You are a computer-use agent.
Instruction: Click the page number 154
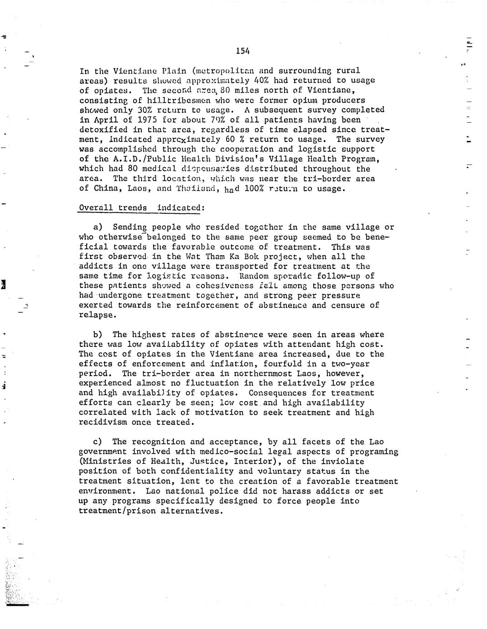pyautogui.click(x=243, y=51)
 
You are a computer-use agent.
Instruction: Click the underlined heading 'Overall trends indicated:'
pyautogui.click(x=142, y=208)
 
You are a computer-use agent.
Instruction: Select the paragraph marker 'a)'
pyautogui.click(x=98, y=227)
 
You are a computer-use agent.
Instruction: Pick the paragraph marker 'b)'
pyautogui.click(x=98, y=335)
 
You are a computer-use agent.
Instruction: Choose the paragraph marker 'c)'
pyautogui.click(x=98, y=442)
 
